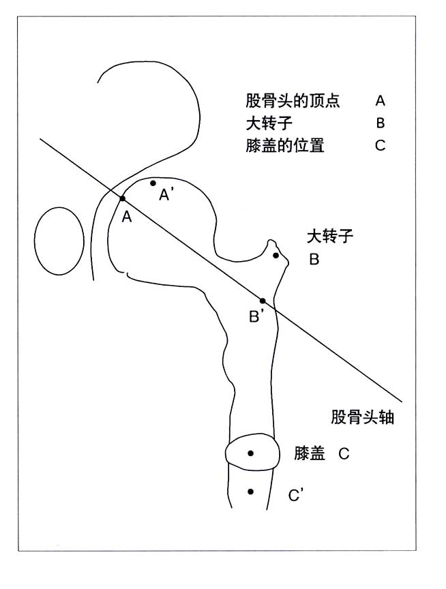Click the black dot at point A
click(123, 198)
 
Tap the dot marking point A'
click(153, 183)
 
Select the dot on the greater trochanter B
click(276, 256)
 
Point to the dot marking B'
click(263, 301)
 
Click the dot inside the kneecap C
click(250, 453)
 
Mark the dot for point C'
click(250, 492)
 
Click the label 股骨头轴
click(362, 417)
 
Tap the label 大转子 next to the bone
click(330, 237)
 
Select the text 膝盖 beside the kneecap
click(310, 453)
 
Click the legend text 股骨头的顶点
click(293, 101)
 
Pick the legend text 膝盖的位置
click(285, 145)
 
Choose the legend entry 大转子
click(269, 123)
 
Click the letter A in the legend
click(381, 101)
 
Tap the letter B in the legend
click(381, 123)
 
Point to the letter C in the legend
click(381, 145)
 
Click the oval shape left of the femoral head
click(35, 241)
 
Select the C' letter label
click(296, 496)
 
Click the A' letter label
click(166, 194)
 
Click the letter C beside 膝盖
click(344, 454)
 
